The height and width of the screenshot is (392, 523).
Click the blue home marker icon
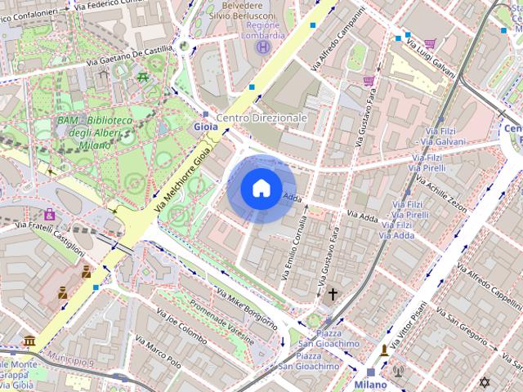pyautogui.click(x=261, y=189)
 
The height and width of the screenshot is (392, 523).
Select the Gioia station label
pyautogui.click(x=206, y=127)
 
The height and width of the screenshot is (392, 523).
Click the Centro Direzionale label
pyautogui.click(x=261, y=118)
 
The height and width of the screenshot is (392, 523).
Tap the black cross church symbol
pyautogui.click(x=333, y=294)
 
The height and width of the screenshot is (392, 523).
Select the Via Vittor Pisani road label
pyautogui.click(x=408, y=326)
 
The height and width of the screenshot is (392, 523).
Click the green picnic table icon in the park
pyautogui.click(x=143, y=77)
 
